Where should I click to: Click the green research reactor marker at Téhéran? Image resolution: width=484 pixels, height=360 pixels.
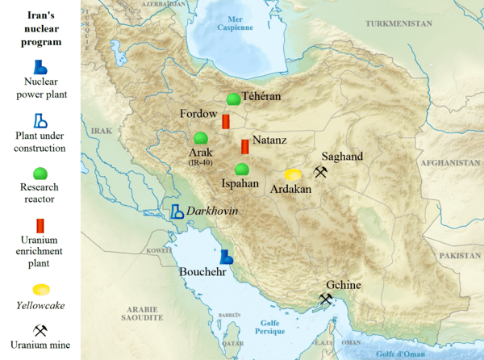click(x=233, y=99)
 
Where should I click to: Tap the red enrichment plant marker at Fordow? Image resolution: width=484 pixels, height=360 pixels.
click(x=227, y=121)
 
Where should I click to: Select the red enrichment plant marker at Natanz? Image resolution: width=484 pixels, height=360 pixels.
click(x=244, y=147)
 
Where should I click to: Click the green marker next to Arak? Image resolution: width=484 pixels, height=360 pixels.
click(x=201, y=138)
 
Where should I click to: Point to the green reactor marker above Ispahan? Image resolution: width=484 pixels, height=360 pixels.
click(x=241, y=170)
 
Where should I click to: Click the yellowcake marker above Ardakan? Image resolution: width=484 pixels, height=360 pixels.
click(x=293, y=174)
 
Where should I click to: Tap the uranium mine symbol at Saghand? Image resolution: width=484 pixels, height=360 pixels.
click(x=321, y=172)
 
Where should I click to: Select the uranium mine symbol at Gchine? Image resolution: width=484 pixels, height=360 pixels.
click(x=326, y=299)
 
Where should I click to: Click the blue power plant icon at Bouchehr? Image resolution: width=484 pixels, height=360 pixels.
click(x=227, y=257)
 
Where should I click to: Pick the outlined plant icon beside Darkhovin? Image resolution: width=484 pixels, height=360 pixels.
click(x=177, y=211)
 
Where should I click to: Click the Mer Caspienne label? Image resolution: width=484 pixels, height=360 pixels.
click(x=235, y=23)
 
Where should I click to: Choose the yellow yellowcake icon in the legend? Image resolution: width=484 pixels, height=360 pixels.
click(x=40, y=290)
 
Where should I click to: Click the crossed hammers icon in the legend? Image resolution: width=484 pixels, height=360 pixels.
click(x=40, y=330)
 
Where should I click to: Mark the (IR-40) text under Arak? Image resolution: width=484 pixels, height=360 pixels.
click(x=200, y=163)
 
